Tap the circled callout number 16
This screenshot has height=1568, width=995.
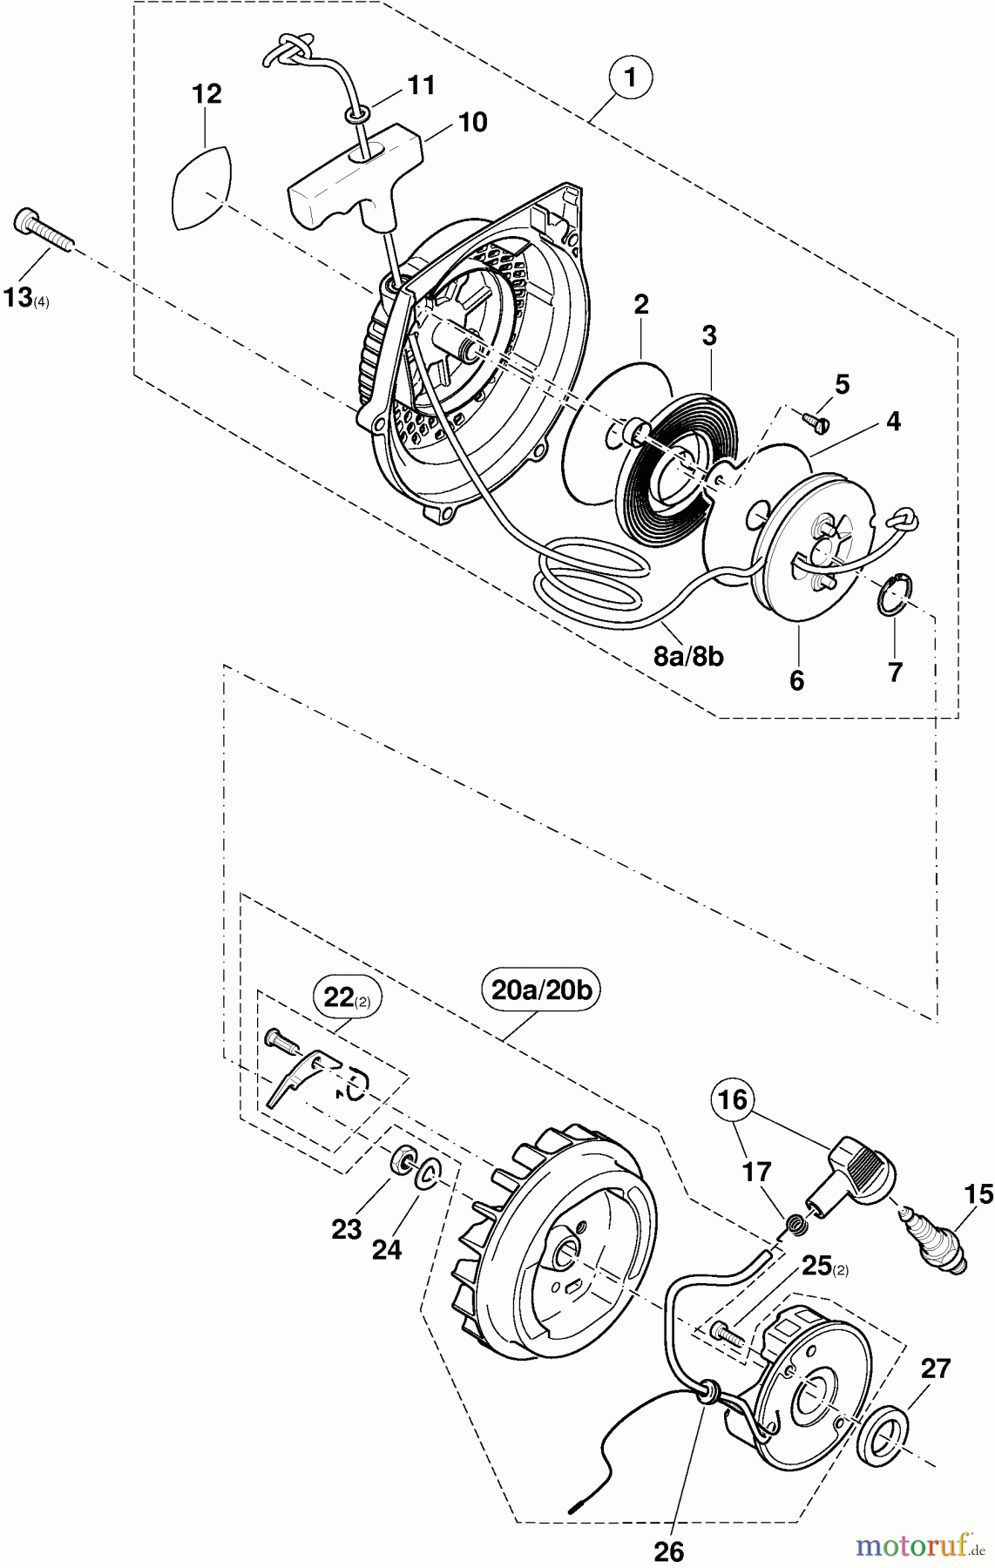click(x=734, y=1100)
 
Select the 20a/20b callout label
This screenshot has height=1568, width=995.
click(x=542, y=990)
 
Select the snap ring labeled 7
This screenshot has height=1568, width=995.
click(x=891, y=596)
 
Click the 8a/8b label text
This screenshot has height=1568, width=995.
click(x=688, y=656)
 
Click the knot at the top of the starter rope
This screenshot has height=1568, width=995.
click(x=289, y=51)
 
